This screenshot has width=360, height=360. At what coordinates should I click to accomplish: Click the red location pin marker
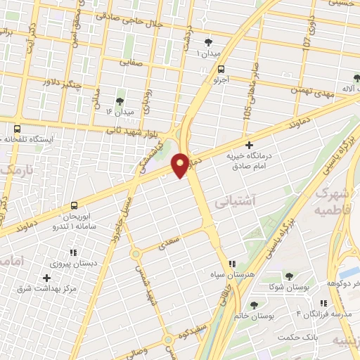click(x=181, y=165)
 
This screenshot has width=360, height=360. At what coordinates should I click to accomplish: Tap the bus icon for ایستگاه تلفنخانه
click(x=17, y=129)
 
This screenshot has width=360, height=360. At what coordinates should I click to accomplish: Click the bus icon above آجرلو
click(x=221, y=70)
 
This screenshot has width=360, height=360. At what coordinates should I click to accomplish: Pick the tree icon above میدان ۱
click(x=208, y=43)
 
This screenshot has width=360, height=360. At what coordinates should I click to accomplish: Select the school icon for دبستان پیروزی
click(x=72, y=252)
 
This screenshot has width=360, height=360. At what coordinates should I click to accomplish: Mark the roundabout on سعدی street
click(x=136, y=253)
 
